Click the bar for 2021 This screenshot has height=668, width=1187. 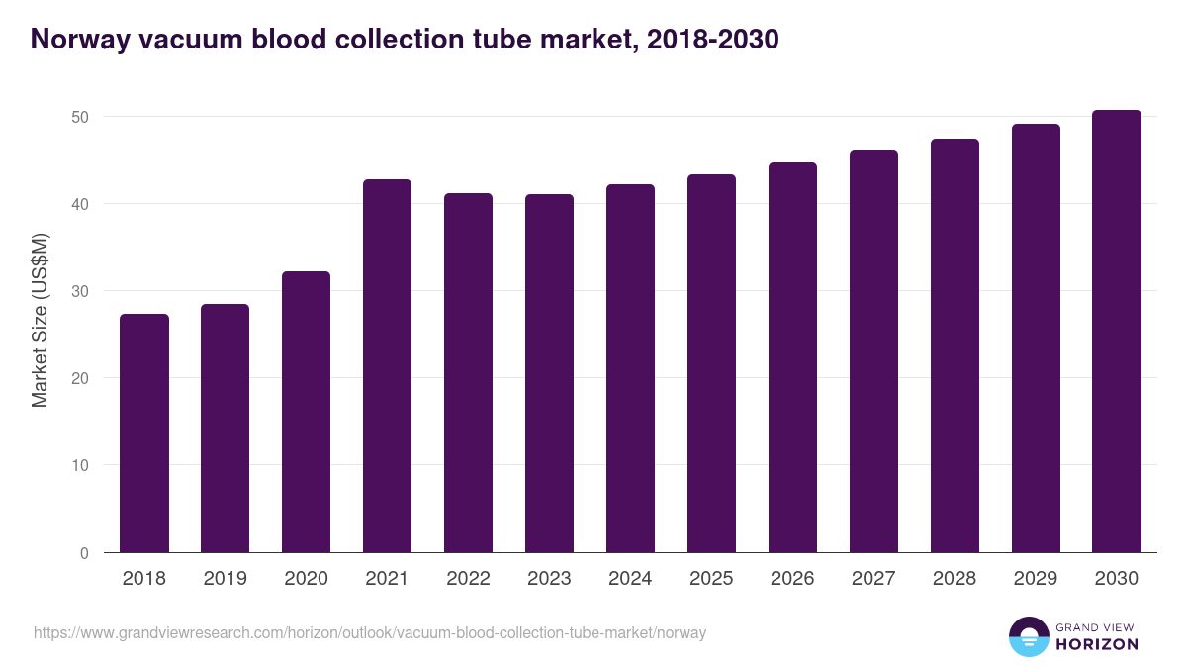tap(387, 366)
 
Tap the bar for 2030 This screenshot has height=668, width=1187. tap(1116, 332)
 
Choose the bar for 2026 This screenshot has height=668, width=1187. tap(792, 357)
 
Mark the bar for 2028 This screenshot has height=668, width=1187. tap(955, 345)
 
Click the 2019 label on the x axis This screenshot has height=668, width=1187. tap(226, 579)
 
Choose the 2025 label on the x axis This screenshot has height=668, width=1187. tap(711, 579)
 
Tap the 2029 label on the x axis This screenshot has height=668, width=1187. tap(1036, 579)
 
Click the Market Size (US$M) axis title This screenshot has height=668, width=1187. tap(40, 321)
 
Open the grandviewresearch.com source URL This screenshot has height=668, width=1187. tap(370, 632)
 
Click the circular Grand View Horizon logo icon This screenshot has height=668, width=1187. tap(1028, 636)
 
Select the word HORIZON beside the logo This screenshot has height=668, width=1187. tap(1097, 644)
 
